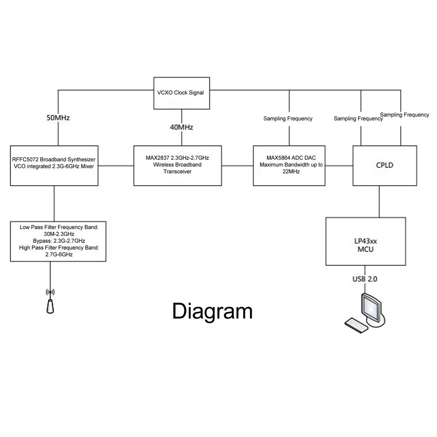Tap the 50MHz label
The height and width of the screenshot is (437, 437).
pyautogui.click(x=58, y=118)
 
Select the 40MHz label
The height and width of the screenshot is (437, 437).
pyautogui.click(x=182, y=127)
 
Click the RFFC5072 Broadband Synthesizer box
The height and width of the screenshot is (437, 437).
pyautogui.click(x=54, y=166)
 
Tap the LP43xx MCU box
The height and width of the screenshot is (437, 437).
pyautogui.click(x=365, y=241)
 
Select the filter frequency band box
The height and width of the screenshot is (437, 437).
pyautogui.click(x=58, y=241)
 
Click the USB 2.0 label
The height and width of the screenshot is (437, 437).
pyautogui.click(x=365, y=279)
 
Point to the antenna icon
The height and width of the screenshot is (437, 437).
pyautogui.click(x=50, y=304)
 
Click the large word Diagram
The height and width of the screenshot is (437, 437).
pyautogui.click(x=212, y=311)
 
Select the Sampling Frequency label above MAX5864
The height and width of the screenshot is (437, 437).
pyautogui.click(x=288, y=119)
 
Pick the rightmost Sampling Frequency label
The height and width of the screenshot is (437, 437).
pyautogui.click(x=404, y=115)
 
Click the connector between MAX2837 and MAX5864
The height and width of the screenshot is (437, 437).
pyautogui.click(x=237, y=166)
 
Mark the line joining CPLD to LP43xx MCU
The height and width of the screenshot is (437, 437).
pyautogui.click(x=379, y=201)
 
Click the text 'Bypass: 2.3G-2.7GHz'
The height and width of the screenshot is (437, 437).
pyautogui.click(x=59, y=241)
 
